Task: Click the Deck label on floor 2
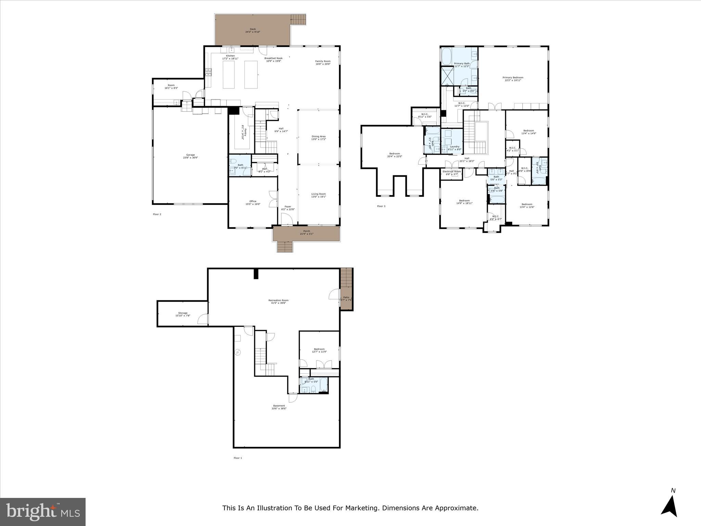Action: tap(253, 29)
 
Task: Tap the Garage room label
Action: tap(190, 155)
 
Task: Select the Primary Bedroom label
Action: tap(513, 78)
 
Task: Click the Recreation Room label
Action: tap(278, 301)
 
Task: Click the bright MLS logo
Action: tap(43, 512)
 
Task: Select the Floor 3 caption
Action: tap(381, 206)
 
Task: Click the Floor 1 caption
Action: tap(238, 458)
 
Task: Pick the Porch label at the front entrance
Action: tap(306, 231)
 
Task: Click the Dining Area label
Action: tap(318, 137)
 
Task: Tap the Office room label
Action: tap(253, 201)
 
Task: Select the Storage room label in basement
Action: tap(182, 313)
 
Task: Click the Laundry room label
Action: tap(455, 147)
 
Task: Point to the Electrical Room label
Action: tap(451, 172)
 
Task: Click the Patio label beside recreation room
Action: tap(346, 298)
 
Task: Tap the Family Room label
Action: tap(323, 61)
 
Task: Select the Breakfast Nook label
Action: tap(273, 58)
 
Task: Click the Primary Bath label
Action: tap(462, 64)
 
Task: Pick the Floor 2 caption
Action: tap(157, 214)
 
